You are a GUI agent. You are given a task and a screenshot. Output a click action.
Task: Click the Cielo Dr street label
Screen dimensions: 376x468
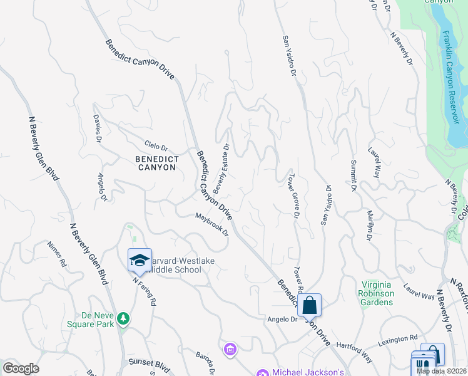pos(156,147)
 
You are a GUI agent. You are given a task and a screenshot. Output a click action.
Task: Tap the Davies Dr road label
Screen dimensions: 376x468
pos(98,128)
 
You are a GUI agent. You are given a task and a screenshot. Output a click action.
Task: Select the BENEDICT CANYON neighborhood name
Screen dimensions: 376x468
pos(157,164)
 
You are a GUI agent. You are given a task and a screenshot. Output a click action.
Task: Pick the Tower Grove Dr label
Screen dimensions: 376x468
pos(292,195)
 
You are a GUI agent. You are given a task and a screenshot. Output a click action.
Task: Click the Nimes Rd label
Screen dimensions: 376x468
pos(57,254)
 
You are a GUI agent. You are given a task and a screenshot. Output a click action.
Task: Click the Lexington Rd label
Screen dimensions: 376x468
pos(397,340)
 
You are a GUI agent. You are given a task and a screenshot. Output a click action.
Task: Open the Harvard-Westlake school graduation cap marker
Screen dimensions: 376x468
pos(140,259)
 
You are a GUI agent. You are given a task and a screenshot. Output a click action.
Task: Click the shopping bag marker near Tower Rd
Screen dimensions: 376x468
pos(309,306)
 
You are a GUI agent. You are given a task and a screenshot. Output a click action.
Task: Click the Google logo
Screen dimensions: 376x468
pos(21,368)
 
